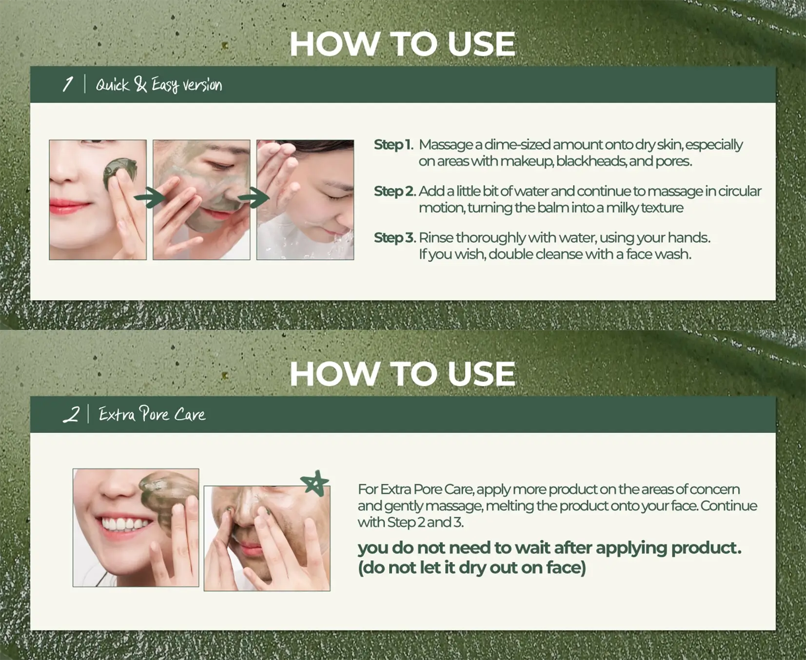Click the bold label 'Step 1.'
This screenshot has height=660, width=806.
click(x=393, y=145)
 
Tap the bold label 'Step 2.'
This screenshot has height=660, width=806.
click(x=394, y=191)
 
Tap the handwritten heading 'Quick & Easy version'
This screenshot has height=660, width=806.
click(x=158, y=85)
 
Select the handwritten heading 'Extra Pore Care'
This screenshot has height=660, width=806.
click(x=152, y=414)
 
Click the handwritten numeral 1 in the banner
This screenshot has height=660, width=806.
click(x=68, y=84)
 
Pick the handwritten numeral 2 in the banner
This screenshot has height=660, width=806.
click(x=71, y=414)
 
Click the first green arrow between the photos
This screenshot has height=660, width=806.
click(x=150, y=198)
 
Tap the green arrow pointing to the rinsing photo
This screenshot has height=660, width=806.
click(x=253, y=197)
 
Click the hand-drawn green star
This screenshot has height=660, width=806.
click(x=315, y=483)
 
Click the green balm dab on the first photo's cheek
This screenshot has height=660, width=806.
click(x=118, y=172)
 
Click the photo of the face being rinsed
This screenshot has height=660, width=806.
click(x=305, y=200)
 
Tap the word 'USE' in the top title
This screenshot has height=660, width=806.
click(x=481, y=44)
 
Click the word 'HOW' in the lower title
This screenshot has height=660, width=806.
click(x=334, y=374)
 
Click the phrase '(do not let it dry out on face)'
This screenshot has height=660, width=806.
click(x=472, y=567)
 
